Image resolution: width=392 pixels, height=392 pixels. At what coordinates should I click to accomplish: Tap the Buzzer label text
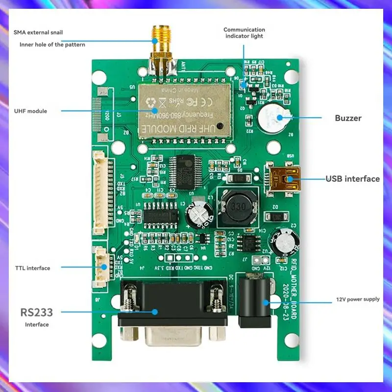point(348,118)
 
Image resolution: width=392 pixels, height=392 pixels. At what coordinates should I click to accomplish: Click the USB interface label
point(353,179)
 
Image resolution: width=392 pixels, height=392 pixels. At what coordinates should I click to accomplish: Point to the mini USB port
point(284,178)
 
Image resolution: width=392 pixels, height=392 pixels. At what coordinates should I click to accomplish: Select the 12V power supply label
point(357,299)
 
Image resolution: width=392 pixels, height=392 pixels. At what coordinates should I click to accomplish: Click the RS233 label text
point(36,312)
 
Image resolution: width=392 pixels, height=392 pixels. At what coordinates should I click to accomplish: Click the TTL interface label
point(32,268)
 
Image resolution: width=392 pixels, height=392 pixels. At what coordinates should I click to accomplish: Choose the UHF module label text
point(31,111)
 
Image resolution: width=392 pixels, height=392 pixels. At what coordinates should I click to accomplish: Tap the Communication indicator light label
point(244,33)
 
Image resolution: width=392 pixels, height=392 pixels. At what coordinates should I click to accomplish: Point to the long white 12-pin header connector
point(100,192)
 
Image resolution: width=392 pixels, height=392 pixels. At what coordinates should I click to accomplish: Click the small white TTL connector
point(101,266)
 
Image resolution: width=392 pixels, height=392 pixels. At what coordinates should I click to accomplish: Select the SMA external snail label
point(38,32)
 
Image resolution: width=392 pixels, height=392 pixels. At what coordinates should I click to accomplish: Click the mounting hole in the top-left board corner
point(99,76)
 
